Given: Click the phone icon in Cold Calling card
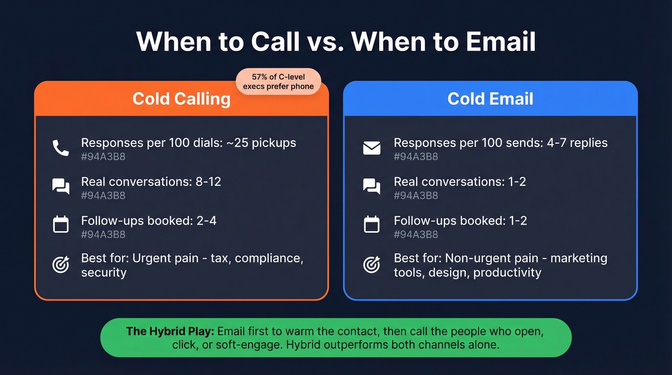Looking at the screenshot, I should (61, 148).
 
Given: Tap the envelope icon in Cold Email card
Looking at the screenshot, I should (372, 148).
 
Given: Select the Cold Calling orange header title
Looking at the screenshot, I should (181, 99).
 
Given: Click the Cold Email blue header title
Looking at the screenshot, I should (490, 99).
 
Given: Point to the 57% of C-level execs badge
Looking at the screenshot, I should (278, 82).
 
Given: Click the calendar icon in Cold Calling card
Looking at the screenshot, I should (61, 225).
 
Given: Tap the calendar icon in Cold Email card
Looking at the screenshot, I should (372, 225).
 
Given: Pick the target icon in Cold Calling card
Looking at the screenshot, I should (61, 265).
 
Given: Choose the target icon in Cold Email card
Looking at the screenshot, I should (372, 265).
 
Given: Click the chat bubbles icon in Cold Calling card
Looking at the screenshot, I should (61, 186).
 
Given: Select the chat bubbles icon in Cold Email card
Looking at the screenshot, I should (372, 186).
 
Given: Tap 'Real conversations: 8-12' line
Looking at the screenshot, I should (151, 181).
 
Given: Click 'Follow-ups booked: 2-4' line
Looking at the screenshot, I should (149, 220).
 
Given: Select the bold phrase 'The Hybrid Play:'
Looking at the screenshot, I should (170, 331).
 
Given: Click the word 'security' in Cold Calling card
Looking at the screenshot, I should (104, 273).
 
